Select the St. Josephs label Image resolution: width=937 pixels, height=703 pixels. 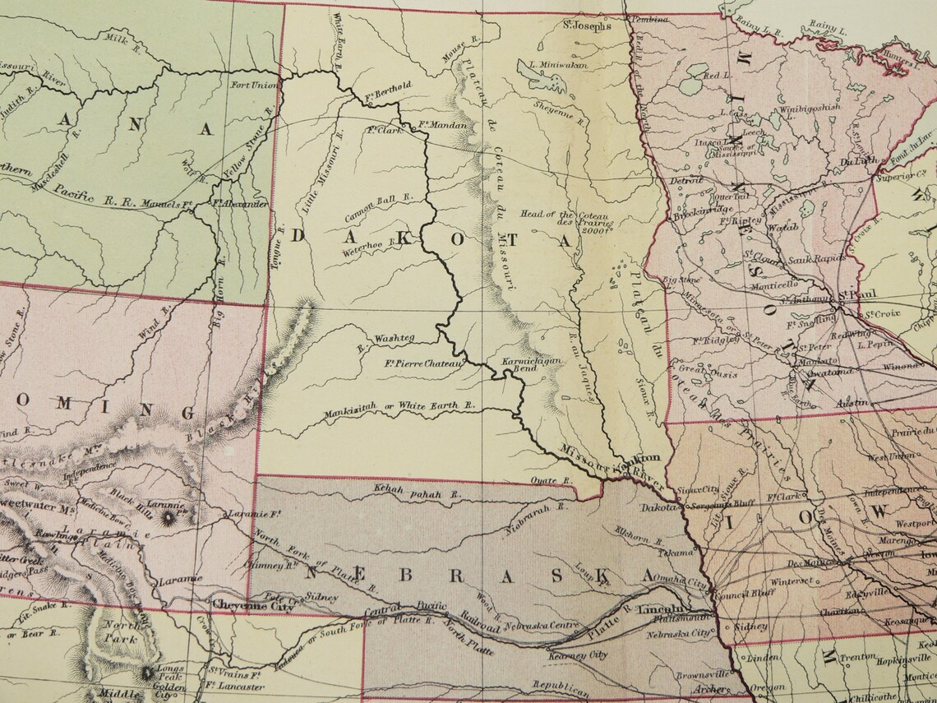(x=587, y=25)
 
